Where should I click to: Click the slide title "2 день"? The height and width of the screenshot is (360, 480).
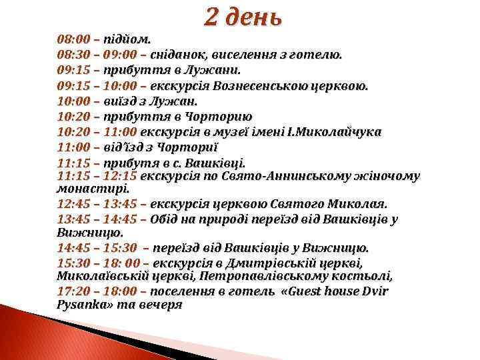click(x=243, y=17)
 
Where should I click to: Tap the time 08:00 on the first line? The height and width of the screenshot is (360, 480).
click(x=73, y=39)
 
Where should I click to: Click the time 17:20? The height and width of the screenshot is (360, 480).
click(x=73, y=291)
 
